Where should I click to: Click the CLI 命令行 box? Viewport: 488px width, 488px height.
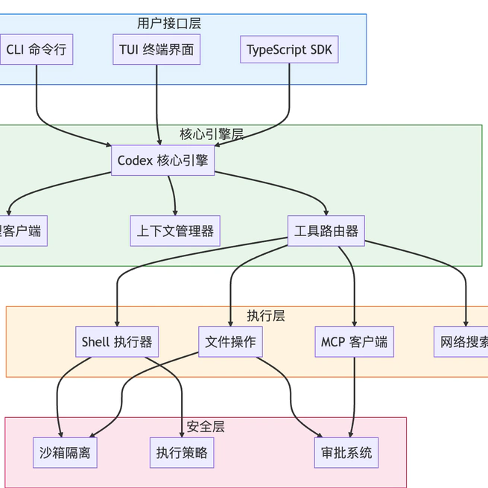[x=36, y=50]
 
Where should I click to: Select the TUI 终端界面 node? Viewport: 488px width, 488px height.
[x=156, y=50]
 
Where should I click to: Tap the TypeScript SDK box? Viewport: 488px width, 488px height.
[x=290, y=50]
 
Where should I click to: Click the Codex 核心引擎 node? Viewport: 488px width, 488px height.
[x=162, y=160]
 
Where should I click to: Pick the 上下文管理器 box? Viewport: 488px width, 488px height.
[x=175, y=231]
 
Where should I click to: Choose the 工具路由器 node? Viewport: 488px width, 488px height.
[x=326, y=231]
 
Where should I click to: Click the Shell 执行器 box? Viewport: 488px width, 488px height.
[x=117, y=342]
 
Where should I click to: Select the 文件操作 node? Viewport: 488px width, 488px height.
[x=230, y=342]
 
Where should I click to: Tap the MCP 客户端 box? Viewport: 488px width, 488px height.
[x=354, y=342]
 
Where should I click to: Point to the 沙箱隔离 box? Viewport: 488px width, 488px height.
[x=65, y=452]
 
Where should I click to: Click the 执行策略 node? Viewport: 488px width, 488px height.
[x=182, y=452]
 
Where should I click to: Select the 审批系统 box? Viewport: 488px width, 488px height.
[x=346, y=452]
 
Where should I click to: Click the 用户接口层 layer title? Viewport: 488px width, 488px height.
[x=169, y=23]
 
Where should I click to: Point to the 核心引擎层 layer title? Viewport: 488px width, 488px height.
[x=212, y=134]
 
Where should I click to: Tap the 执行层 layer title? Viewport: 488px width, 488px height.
[x=266, y=315]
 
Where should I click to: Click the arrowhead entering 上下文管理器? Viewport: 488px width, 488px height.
[x=176, y=212]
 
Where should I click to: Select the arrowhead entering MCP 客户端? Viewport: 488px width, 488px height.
[x=355, y=323]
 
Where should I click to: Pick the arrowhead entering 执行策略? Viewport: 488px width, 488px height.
[x=182, y=434]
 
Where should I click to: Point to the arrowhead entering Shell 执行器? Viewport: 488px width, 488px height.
[x=117, y=323]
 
